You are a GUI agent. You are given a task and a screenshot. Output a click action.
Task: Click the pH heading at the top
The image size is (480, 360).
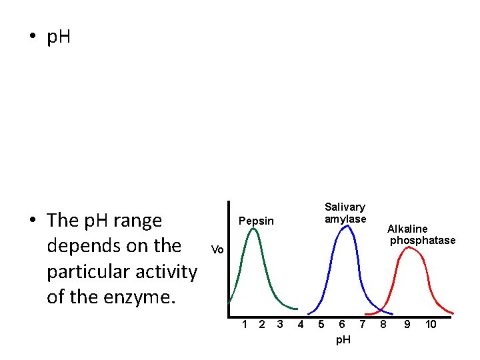pos(59,38)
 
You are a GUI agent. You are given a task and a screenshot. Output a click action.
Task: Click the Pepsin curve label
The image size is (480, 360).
pos(256,221)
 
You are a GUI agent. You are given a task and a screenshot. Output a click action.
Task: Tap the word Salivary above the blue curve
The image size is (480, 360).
pos(345,207)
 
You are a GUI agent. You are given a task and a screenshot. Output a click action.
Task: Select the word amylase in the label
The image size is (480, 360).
pos(345,219)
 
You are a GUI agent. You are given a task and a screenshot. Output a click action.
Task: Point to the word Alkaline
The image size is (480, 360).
pos(407,229)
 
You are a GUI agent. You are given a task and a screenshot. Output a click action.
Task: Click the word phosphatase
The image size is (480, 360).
pos(423,240)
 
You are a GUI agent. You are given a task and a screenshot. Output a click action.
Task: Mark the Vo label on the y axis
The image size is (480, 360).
pos(217,250)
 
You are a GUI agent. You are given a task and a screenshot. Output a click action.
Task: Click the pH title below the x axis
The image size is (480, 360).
pos(343,340)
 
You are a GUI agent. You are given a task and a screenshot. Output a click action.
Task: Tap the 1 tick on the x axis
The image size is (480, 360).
pos(245,325)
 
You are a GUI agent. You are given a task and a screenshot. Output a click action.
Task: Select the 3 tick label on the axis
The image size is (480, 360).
pos(280,325)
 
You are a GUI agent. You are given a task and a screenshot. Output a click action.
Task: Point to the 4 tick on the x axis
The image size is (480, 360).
pos(301,325)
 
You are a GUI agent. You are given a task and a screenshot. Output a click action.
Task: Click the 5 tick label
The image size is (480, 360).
pos(321,325)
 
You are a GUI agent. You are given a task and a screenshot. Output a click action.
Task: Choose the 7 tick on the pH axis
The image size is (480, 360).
pos(362,325)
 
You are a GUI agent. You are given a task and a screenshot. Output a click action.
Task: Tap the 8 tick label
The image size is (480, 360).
pos(383,325)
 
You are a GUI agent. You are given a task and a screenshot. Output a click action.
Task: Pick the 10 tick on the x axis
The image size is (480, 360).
pos(431,325)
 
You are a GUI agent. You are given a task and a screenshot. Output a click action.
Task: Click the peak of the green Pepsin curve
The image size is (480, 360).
pos(253,229)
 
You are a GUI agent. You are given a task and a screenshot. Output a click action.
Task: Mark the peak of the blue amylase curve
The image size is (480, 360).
pos(345,227)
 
